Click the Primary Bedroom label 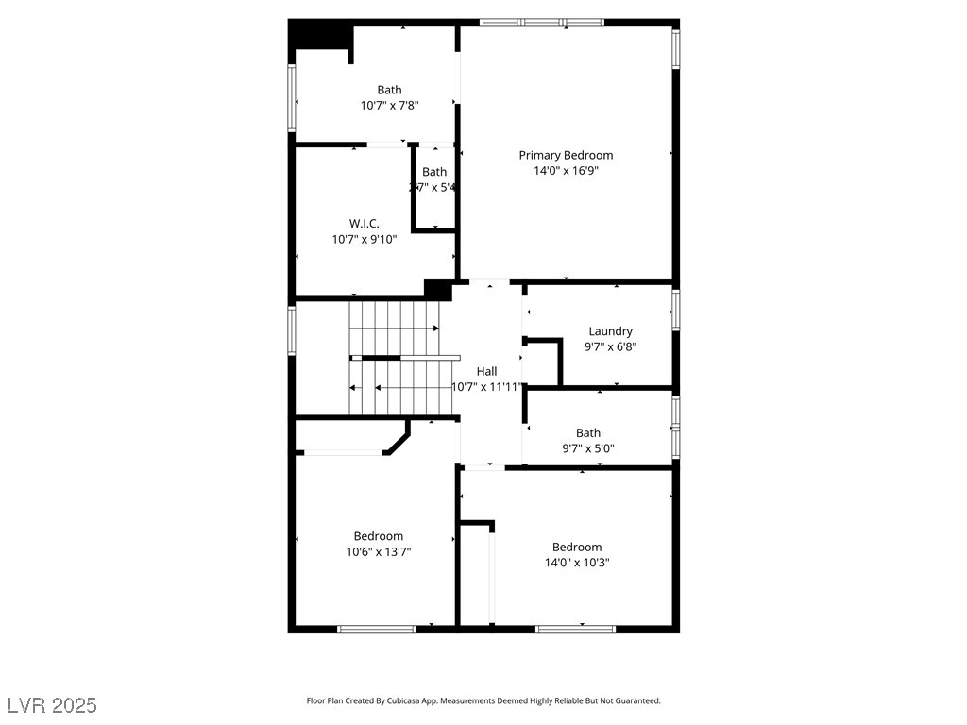coord(566,155)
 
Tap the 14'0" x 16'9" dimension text coord(566,171)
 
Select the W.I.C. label coord(364,224)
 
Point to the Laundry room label coord(610,331)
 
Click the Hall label coord(486,372)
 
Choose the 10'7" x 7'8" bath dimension coord(389,106)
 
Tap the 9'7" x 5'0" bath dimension coord(588,449)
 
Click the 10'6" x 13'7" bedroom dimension coord(378,552)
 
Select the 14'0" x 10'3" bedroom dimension coord(576,563)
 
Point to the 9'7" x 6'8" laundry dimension coord(610,346)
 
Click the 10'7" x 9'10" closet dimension coord(364,240)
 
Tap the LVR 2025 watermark coord(52,705)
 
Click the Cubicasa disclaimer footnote coord(483,701)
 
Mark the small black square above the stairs coord(438,290)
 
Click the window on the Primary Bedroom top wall coord(542,22)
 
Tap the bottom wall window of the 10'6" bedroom coord(377,628)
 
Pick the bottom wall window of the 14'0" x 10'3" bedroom coord(575,628)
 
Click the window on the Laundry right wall coord(675,310)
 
